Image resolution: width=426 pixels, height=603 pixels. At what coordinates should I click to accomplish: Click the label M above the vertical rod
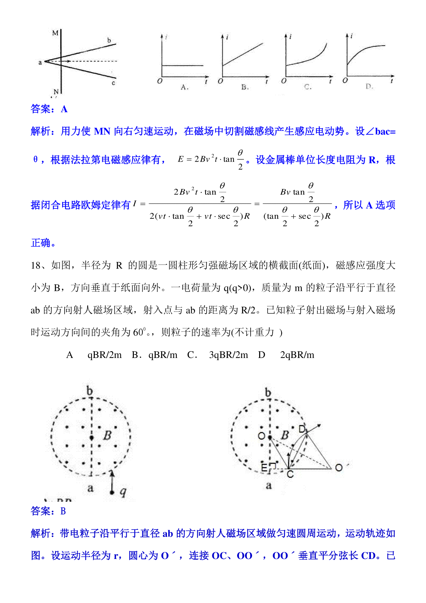pyautogui.click(x=55, y=33)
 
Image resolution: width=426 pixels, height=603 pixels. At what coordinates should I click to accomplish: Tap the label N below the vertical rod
pyautogui.click(x=56, y=92)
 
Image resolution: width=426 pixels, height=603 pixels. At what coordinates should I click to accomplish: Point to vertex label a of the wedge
pyautogui.click(x=40, y=63)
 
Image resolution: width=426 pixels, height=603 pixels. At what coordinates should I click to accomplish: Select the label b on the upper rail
pyautogui.click(x=109, y=40)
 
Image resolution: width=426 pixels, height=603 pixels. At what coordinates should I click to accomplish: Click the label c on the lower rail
pyautogui.click(x=113, y=83)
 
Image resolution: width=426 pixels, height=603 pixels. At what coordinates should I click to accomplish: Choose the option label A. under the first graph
pyautogui.click(x=184, y=87)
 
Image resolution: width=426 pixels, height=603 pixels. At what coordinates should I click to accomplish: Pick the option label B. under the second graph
pyautogui.click(x=245, y=87)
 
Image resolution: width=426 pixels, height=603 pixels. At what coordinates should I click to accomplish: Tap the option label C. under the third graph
pyautogui.click(x=308, y=87)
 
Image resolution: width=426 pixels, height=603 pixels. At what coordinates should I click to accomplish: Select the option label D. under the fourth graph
pyautogui.click(x=369, y=86)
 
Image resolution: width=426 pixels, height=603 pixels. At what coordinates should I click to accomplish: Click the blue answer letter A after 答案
pyautogui.click(x=64, y=109)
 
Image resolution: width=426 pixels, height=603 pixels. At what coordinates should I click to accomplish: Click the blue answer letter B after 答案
pyautogui.click(x=63, y=511)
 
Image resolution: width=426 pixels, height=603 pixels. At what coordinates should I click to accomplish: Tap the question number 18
pyautogui.click(x=36, y=265)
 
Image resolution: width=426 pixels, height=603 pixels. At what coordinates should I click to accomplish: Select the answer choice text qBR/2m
pyautogui.click(x=104, y=355)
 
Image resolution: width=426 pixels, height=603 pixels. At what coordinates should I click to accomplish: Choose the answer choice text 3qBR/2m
pyautogui.click(x=229, y=355)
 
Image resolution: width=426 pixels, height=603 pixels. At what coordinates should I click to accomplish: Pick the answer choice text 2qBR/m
pyautogui.click(x=297, y=355)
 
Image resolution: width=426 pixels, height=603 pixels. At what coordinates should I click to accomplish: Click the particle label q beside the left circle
pyautogui.click(x=123, y=492)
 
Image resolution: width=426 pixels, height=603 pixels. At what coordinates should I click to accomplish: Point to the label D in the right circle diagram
pyautogui.click(x=302, y=429)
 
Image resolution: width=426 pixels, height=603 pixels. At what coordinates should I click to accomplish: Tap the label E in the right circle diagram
pyautogui.click(x=264, y=468)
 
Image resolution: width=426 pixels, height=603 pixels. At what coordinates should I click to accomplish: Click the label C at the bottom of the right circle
pyautogui.click(x=290, y=474)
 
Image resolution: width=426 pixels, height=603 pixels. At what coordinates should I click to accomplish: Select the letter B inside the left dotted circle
pyautogui.click(x=107, y=435)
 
